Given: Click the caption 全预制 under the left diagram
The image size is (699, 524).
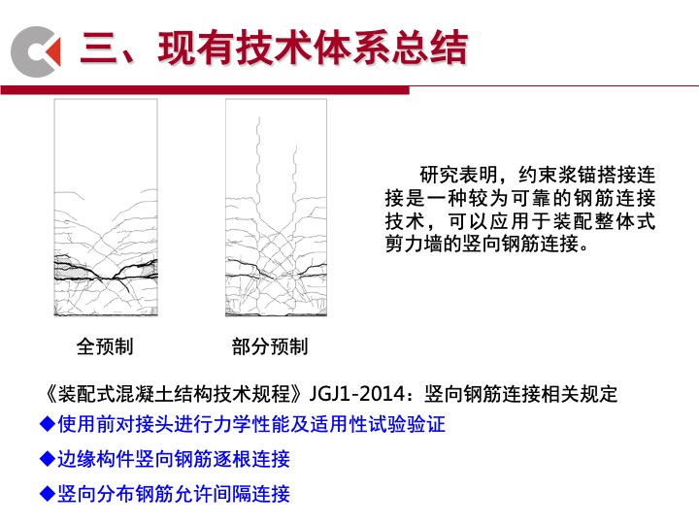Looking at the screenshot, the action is tap(105, 346).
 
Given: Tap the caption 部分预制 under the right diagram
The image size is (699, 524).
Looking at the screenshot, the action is tap(270, 346).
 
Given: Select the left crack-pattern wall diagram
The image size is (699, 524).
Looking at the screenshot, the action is tap(106, 208).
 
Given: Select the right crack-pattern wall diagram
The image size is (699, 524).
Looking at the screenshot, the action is tap(276, 208).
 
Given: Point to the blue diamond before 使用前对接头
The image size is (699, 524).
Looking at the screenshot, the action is tap(48, 424).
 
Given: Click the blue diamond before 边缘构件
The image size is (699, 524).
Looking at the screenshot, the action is tap(48, 458).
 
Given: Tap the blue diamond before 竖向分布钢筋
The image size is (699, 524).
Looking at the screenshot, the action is tap(48, 493).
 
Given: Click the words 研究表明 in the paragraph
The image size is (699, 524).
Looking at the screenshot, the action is tap(458, 175).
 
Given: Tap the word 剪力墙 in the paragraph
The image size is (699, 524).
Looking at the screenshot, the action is tap(415, 244).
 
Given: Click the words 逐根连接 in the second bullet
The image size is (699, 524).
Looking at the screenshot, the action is tap(251, 458).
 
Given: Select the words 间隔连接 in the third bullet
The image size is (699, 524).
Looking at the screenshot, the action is tap(251, 493).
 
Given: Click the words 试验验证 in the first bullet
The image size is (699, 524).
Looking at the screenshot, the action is tap(407, 424).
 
